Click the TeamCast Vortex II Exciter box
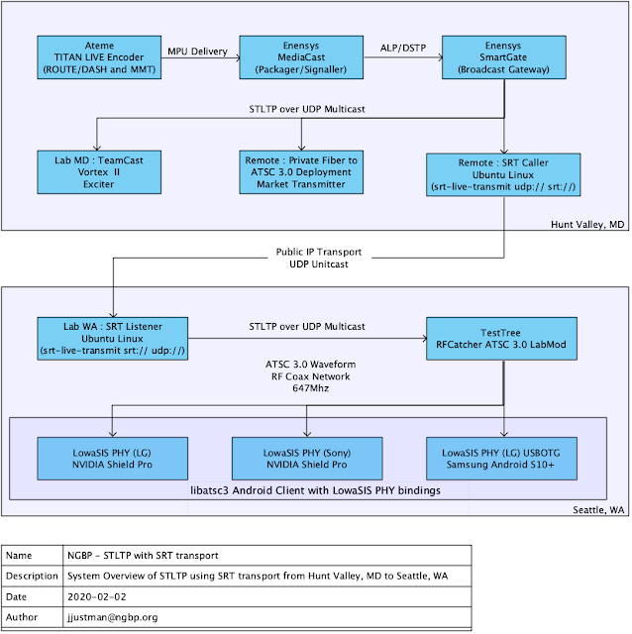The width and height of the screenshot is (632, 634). [98, 171]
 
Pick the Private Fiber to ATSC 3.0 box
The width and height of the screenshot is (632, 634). [299, 171]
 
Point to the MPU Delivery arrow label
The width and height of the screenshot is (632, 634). [197, 52]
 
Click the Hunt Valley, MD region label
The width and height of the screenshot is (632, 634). [589, 225]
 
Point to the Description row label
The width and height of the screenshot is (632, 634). [32, 577]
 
